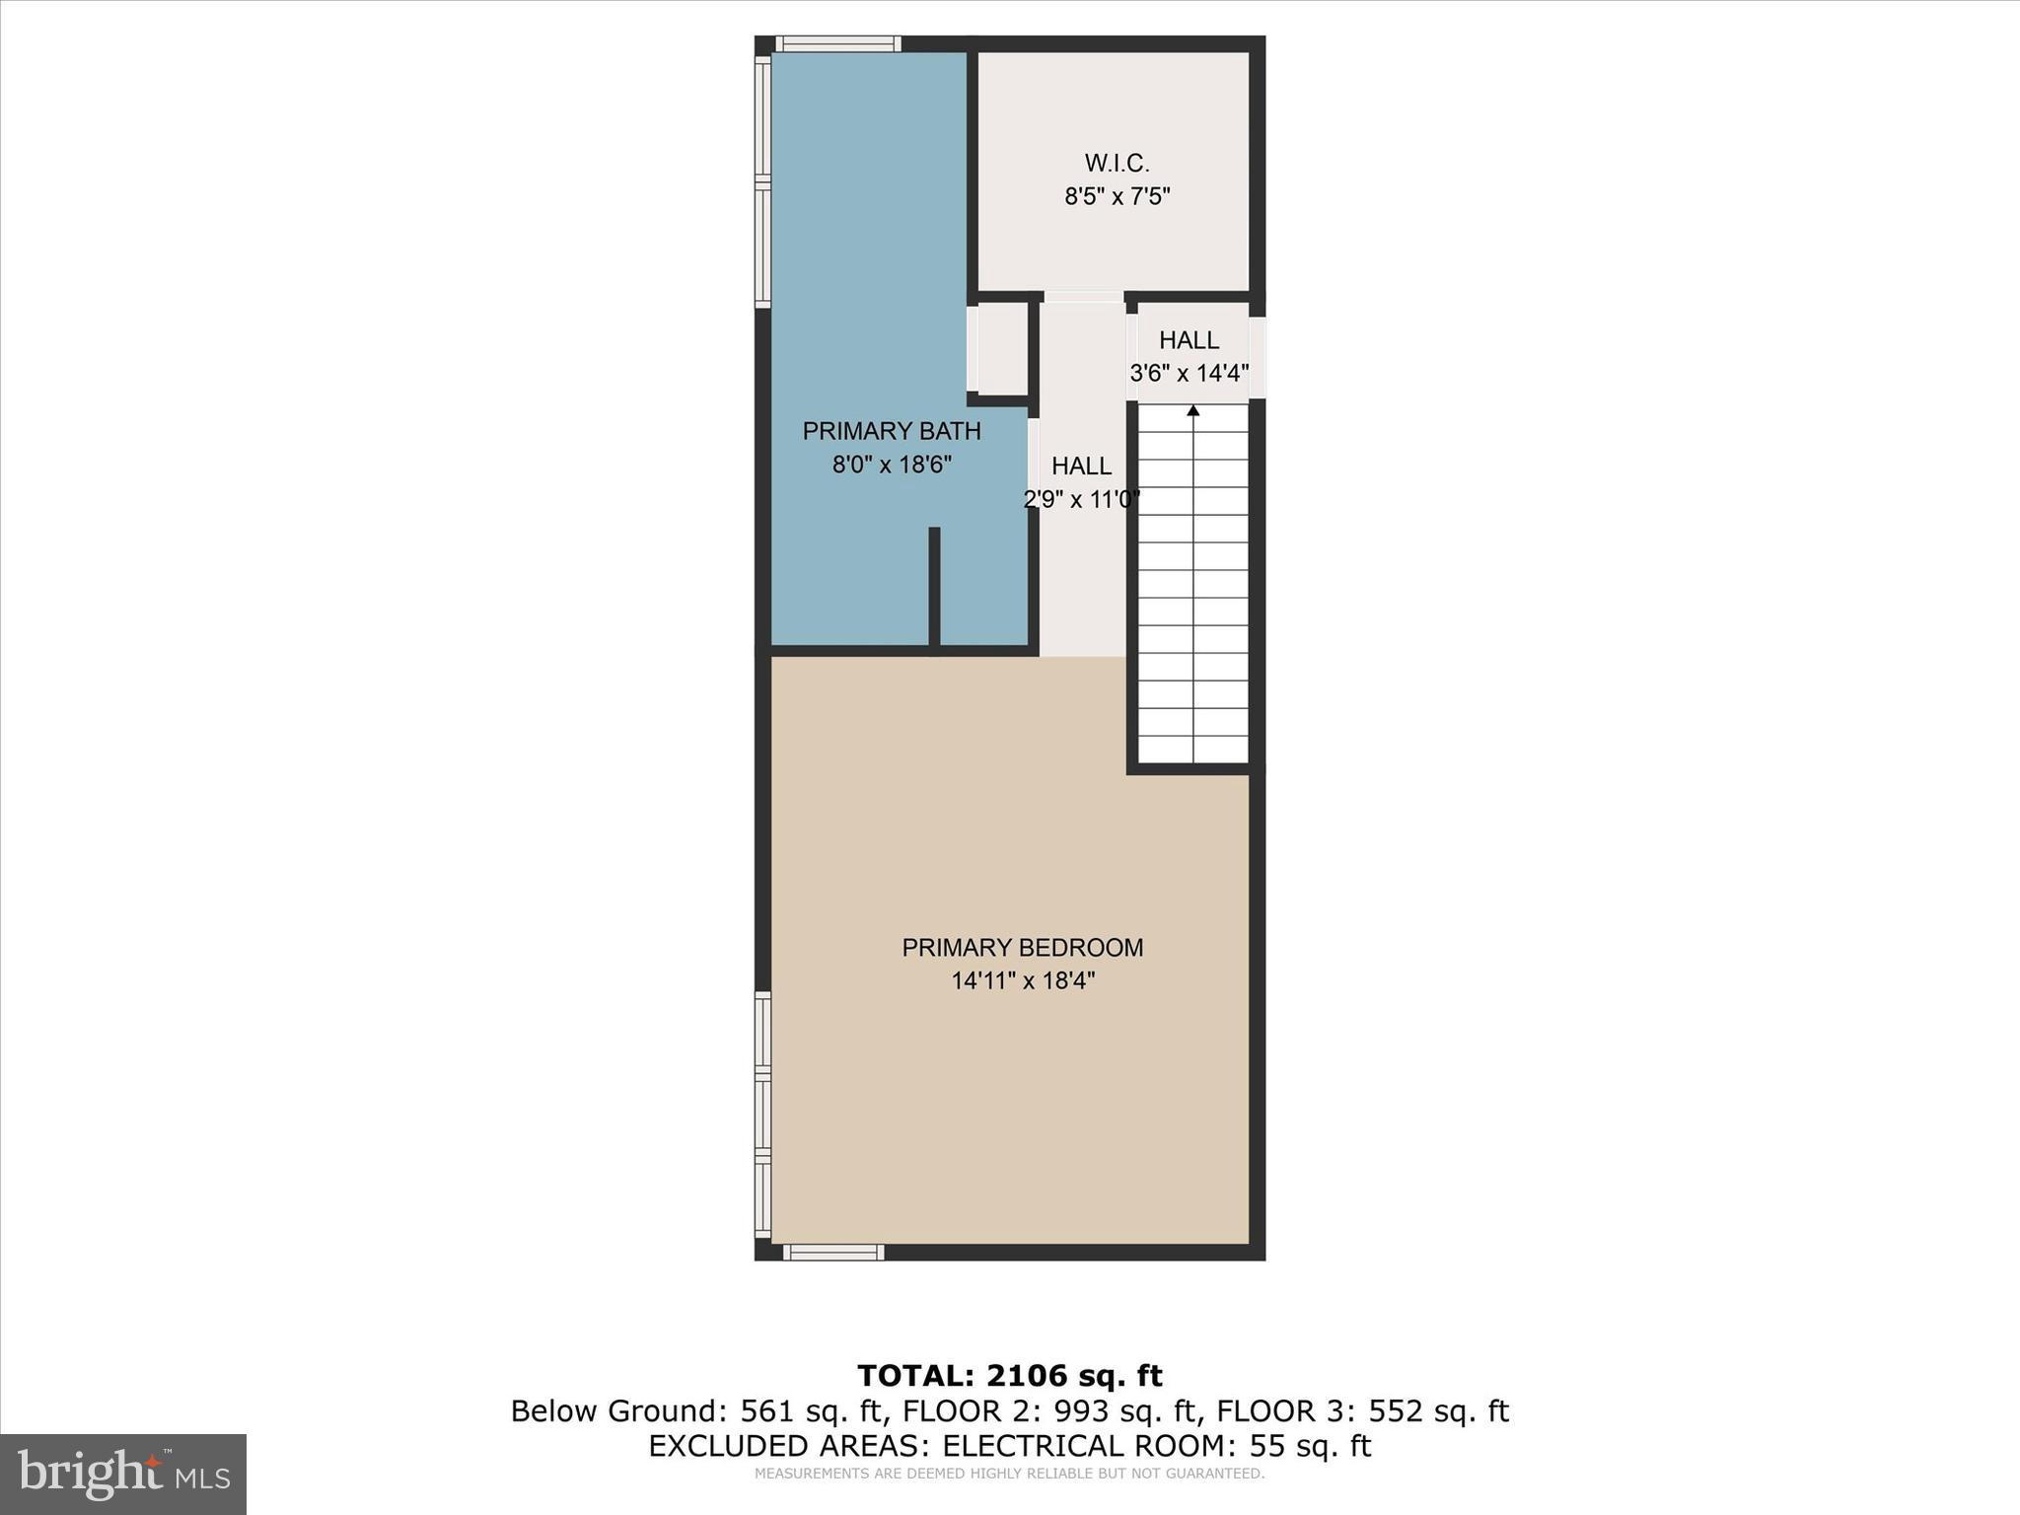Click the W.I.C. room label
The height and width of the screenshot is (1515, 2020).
pyautogui.click(x=1117, y=163)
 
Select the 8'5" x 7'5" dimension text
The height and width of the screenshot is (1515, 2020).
pyautogui.click(x=1117, y=196)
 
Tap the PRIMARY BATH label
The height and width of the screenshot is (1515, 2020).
pyautogui.click(x=892, y=431)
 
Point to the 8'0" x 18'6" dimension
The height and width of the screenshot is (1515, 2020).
pyautogui.click(x=892, y=465)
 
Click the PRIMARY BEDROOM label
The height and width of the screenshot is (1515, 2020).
pyautogui.click(x=1023, y=948)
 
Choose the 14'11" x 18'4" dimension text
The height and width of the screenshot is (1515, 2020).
pyautogui.click(x=1023, y=981)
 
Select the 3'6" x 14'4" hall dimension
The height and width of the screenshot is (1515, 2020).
pyautogui.click(x=1190, y=374)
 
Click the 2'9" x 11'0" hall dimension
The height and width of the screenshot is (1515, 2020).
pyautogui.click(x=1082, y=499)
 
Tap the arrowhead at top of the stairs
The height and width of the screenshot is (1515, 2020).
pyautogui.click(x=1193, y=410)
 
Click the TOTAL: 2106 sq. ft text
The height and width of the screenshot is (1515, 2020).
pyautogui.click(x=1009, y=1376)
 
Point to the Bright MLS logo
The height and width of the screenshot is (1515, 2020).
pyautogui.click(x=123, y=1474)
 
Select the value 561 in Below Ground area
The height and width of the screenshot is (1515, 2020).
pyautogui.click(x=761, y=1411)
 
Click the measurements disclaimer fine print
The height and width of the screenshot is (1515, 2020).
pyautogui.click(x=1009, y=1475)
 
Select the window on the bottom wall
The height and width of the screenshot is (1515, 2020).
pyautogui.click(x=833, y=1253)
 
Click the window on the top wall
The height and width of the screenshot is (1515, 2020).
pyautogui.click(x=837, y=43)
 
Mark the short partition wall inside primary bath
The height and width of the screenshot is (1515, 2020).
pyautogui.click(x=934, y=587)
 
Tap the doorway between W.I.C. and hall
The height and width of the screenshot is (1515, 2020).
pyautogui.click(x=1083, y=297)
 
